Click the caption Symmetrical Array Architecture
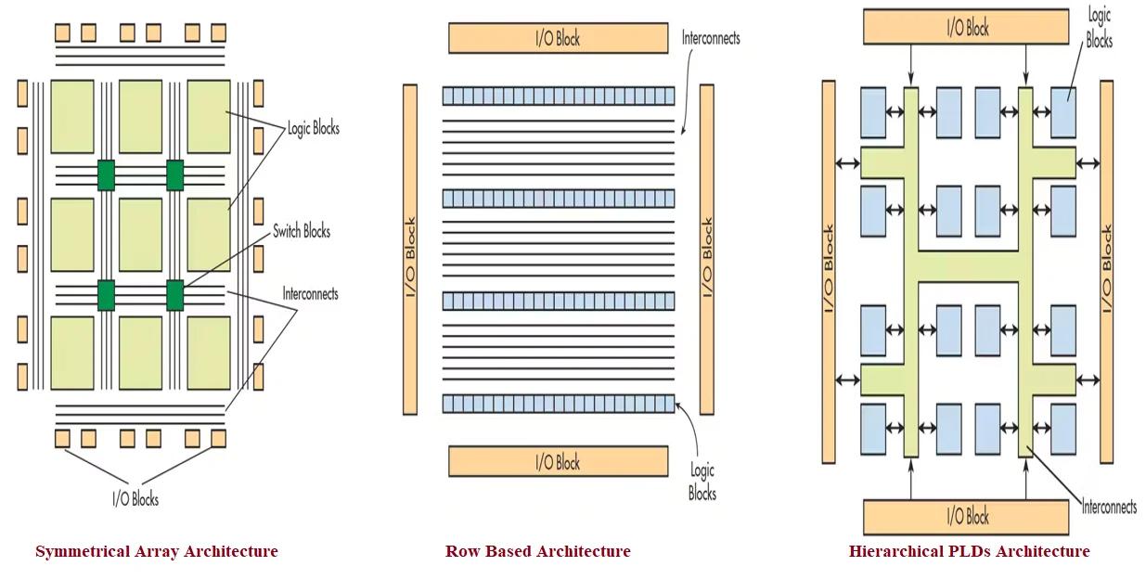(157, 552)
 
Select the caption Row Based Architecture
(537, 552)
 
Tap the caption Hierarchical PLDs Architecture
(969, 552)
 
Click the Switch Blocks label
(302, 231)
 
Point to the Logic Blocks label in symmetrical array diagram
(314, 128)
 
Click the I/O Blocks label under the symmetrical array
(135, 499)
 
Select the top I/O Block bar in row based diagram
(558, 38)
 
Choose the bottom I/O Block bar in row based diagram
(558, 461)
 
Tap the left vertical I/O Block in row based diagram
(410, 249)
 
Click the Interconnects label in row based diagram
(711, 38)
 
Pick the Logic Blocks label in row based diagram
(702, 482)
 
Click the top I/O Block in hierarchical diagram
(968, 28)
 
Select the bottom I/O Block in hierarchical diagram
(968, 516)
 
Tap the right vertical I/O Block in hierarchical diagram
(1106, 272)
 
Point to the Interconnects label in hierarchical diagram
(1109, 507)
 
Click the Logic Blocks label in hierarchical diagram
(1099, 28)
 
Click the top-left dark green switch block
(107, 174)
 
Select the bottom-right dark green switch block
(175, 294)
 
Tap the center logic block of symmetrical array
(140, 235)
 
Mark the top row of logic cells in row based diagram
(558, 96)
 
